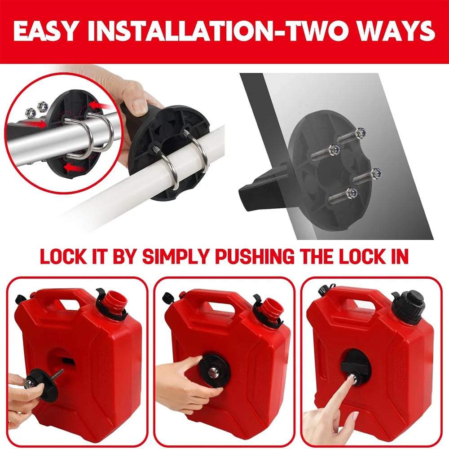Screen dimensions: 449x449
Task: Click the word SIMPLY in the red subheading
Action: click(170, 256)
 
